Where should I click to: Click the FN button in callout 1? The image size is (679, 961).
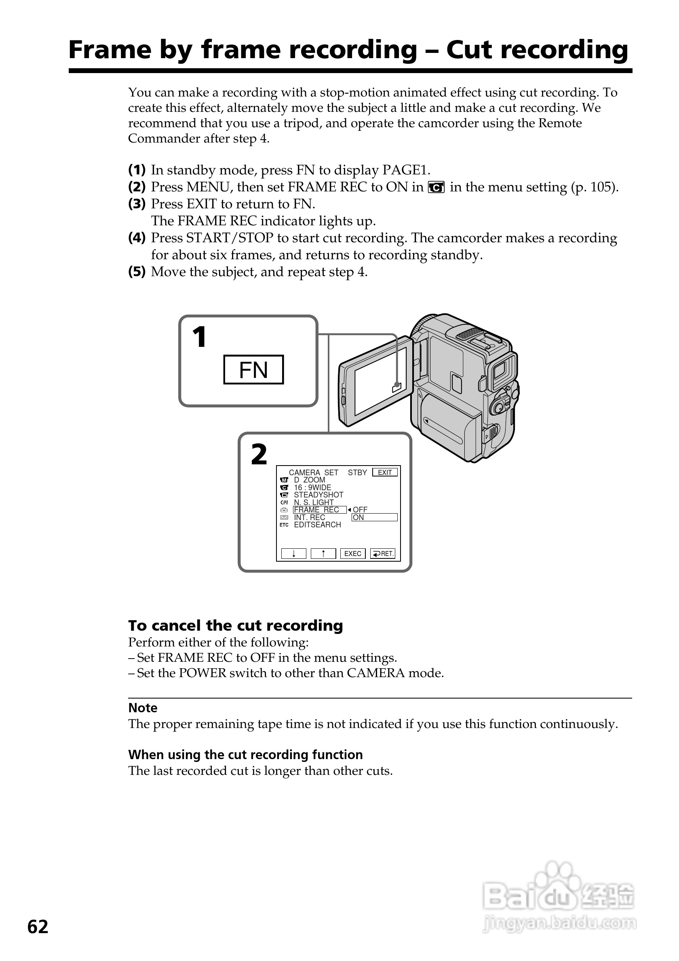pyautogui.click(x=253, y=369)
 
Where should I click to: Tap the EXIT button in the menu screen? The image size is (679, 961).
pyautogui.click(x=384, y=472)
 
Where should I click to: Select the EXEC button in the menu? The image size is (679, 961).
pyautogui.click(x=353, y=553)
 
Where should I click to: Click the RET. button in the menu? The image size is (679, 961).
pyautogui.click(x=383, y=553)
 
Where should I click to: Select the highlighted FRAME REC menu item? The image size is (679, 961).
pyautogui.click(x=319, y=510)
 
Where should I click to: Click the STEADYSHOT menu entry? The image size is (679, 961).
pyautogui.click(x=318, y=495)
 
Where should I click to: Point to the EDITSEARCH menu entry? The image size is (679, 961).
pyautogui.click(x=317, y=525)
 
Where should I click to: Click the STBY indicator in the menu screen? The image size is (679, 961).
pyautogui.click(x=357, y=472)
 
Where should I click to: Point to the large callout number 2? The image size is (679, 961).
pyautogui.click(x=259, y=455)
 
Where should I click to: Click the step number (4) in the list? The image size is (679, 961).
pyautogui.click(x=137, y=238)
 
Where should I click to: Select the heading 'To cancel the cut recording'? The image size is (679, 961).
pyautogui.click(x=235, y=625)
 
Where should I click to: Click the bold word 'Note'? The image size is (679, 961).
pyautogui.click(x=143, y=708)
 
